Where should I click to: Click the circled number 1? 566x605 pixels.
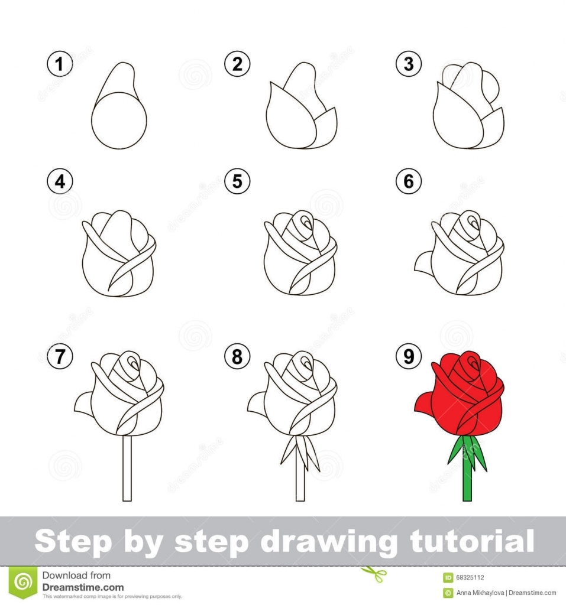click(x=59, y=64)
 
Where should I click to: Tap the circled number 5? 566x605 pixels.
click(x=237, y=182)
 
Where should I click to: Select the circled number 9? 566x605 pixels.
click(x=409, y=356)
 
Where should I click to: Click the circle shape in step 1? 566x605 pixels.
click(x=119, y=120)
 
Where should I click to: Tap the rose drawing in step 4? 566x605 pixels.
click(x=118, y=254)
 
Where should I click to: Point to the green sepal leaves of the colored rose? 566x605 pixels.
click(x=467, y=452)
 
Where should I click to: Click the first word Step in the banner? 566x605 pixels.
click(x=72, y=542)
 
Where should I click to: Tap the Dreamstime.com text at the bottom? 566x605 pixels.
click(x=83, y=587)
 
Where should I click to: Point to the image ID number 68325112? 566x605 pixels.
click(x=471, y=577)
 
